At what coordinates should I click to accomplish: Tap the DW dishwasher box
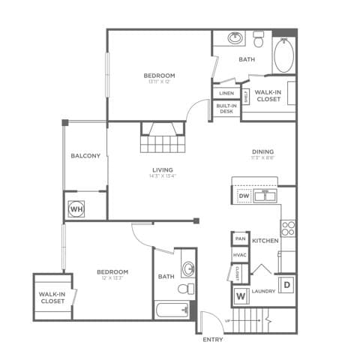pyautogui.click(x=244, y=196)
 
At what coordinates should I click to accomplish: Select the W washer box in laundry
pyautogui.click(x=241, y=295)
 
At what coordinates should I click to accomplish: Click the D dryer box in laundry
pyautogui.click(x=286, y=286)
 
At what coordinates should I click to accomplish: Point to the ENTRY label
pyautogui.click(x=213, y=340)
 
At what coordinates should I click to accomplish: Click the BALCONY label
pyautogui.click(x=85, y=156)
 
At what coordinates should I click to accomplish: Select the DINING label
pyautogui.click(x=263, y=151)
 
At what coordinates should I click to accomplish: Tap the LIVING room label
pyautogui.click(x=163, y=169)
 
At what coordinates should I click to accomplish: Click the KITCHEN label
pyautogui.click(x=265, y=241)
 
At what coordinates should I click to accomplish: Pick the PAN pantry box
pyautogui.click(x=240, y=238)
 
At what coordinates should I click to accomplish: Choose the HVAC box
pyautogui.click(x=240, y=256)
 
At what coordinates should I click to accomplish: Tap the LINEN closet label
pyautogui.click(x=226, y=93)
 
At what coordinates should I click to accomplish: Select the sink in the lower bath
pyautogui.click(x=188, y=268)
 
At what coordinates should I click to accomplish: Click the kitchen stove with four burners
pyautogui.click(x=288, y=228)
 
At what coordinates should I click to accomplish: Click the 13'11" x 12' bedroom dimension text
pyautogui.click(x=159, y=82)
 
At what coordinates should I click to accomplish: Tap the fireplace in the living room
pyautogui.click(x=163, y=139)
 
